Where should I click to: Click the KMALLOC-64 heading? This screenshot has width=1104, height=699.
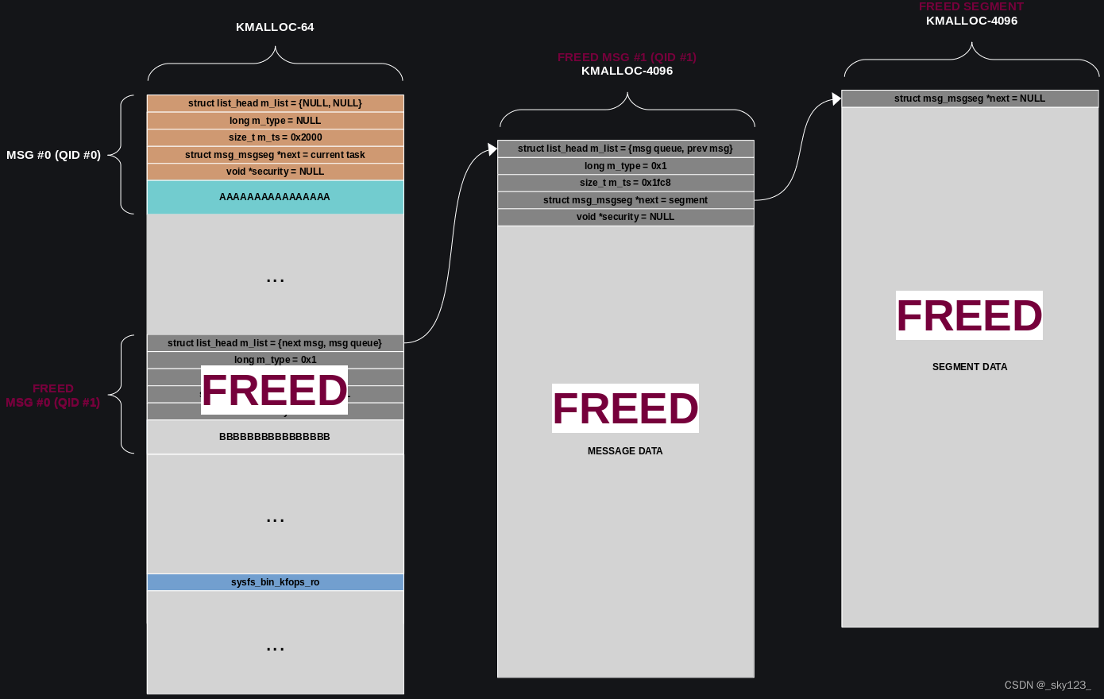click(275, 27)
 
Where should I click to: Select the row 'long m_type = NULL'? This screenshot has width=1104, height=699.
click(275, 121)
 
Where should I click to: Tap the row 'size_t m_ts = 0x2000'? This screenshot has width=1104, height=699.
click(275, 137)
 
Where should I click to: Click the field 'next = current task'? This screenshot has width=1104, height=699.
click(275, 155)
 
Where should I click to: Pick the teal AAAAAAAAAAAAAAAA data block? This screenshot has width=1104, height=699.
click(275, 197)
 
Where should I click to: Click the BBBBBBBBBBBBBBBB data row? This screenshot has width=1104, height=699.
click(275, 437)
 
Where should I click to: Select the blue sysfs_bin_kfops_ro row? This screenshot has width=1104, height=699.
click(275, 582)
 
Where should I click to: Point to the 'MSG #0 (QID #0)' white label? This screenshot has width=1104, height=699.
click(53, 155)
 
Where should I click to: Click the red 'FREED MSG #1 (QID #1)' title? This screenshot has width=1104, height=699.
click(627, 57)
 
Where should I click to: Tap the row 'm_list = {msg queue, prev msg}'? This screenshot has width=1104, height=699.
click(625, 149)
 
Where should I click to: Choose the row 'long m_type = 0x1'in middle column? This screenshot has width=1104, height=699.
click(625, 166)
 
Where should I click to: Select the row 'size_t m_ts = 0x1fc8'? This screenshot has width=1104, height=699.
click(625, 183)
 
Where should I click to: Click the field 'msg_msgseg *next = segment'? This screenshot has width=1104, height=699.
click(625, 200)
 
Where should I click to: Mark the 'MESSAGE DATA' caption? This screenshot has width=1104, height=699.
click(625, 451)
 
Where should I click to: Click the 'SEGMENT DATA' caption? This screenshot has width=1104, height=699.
click(970, 367)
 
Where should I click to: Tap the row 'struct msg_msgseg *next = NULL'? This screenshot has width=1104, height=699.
click(970, 98)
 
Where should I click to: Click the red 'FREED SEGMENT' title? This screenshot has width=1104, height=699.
click(971, 6)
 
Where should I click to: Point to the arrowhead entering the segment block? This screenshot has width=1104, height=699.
click(836, 98)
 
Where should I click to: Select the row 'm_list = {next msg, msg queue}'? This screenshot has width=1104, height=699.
click(275, 343)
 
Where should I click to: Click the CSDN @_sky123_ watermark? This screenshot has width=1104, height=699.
click(1048, 685)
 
